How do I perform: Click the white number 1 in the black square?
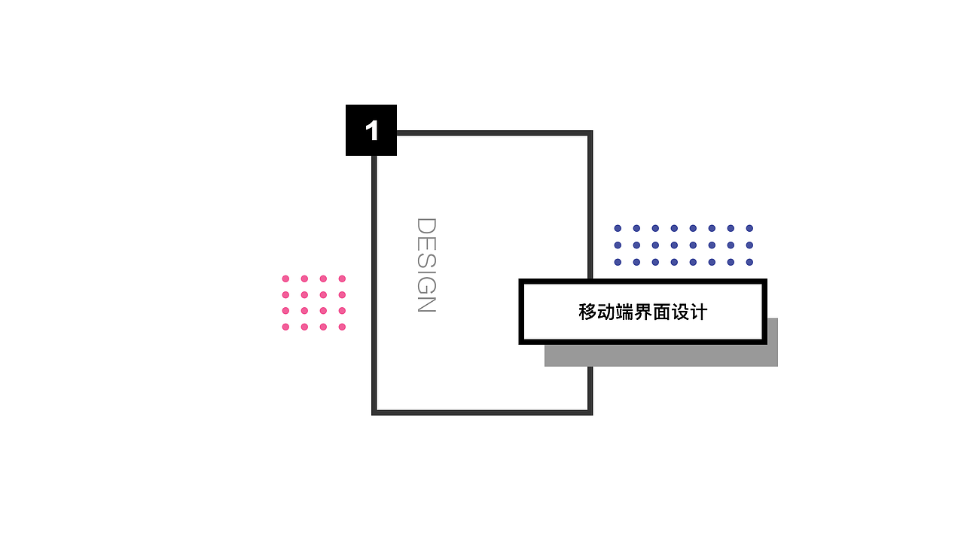point(371,131)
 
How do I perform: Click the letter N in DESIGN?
point(426,303)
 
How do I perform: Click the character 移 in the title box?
point(587,312)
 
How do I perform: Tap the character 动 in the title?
point(606,312)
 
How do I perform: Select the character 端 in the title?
point(624,312)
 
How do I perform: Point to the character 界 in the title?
point(643,312)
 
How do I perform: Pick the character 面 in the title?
point(661,312)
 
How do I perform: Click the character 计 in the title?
point(698,312)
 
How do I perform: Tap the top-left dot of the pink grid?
point(285,279)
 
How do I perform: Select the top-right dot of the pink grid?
point(342,279)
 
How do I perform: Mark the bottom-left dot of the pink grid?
point(285,327)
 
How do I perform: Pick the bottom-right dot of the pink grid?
point(342,327)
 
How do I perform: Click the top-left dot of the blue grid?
point(618,228)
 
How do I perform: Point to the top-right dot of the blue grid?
point(749,228)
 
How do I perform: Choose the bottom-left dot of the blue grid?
point(618,262)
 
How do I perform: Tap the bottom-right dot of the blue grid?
point(749,262)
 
